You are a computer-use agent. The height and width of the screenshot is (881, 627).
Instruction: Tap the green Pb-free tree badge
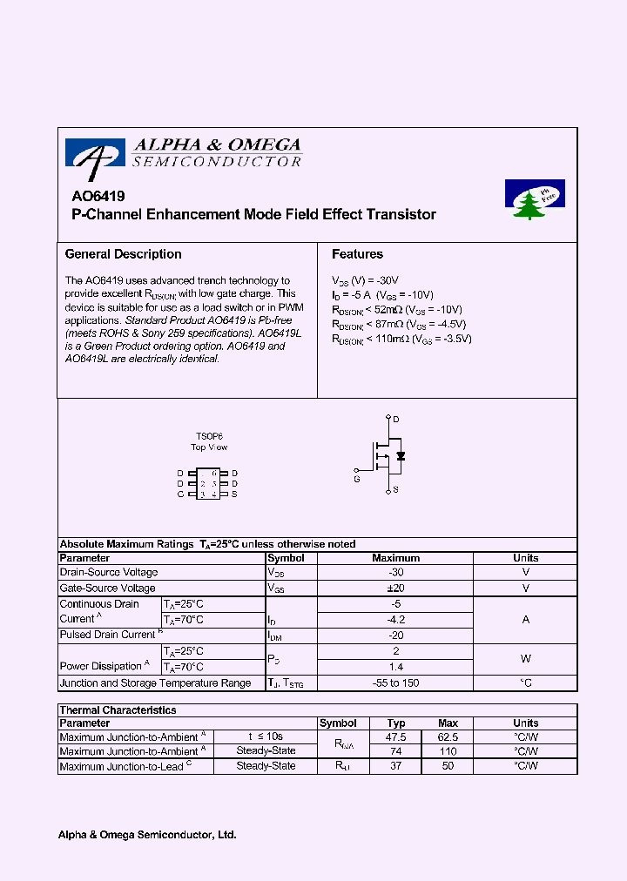535,199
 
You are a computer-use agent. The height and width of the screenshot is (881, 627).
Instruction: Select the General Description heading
124,254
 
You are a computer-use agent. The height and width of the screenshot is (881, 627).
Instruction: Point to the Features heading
357,254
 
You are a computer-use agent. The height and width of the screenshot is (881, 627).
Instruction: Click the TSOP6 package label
209,436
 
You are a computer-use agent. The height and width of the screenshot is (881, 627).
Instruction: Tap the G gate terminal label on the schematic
356,479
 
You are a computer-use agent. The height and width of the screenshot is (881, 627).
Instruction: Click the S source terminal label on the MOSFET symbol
394,490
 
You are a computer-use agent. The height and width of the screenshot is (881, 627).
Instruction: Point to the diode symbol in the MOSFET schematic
401,456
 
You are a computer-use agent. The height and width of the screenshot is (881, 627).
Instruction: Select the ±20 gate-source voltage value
395,588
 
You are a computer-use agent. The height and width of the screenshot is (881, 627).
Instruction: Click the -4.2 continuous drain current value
395,620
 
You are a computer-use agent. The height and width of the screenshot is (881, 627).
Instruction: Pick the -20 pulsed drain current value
395,636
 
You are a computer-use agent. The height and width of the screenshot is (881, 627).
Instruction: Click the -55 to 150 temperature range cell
395,683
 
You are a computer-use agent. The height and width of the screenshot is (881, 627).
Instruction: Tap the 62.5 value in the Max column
448,737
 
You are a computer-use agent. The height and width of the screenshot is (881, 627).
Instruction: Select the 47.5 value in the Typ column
396,737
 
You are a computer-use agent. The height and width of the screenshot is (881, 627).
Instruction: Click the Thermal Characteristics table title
118,710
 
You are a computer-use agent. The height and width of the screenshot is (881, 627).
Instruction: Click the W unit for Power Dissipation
525,659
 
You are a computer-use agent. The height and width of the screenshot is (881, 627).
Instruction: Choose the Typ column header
396,723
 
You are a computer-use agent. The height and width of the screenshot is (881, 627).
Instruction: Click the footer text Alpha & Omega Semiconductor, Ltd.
147,835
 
